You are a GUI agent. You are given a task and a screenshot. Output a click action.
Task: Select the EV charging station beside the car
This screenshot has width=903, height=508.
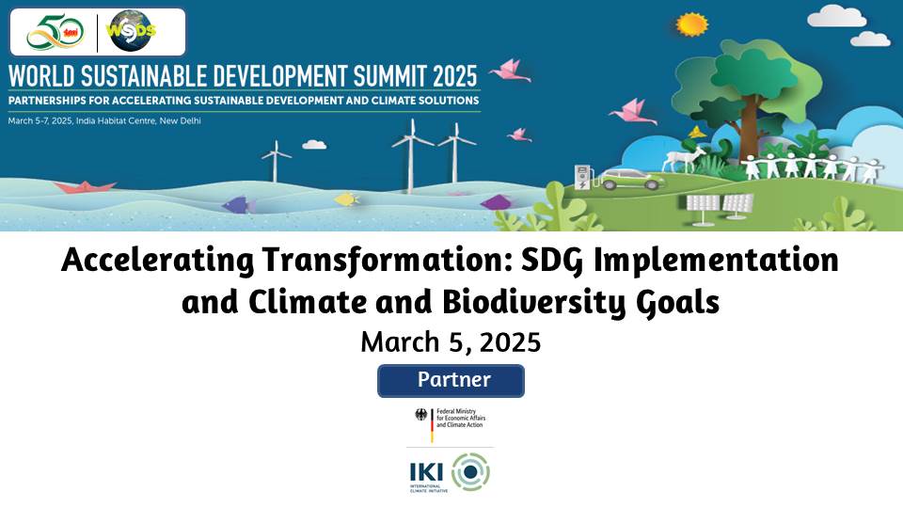click(582, 178)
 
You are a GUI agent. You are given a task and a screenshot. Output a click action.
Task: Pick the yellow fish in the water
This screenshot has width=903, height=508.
click(347, 198)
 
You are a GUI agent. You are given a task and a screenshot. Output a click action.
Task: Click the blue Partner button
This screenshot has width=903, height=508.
click(451, 381)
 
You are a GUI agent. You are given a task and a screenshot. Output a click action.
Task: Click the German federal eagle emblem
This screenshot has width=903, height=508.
click(420, 415)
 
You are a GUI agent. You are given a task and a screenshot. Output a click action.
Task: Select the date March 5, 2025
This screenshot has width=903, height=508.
click(451, 341)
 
